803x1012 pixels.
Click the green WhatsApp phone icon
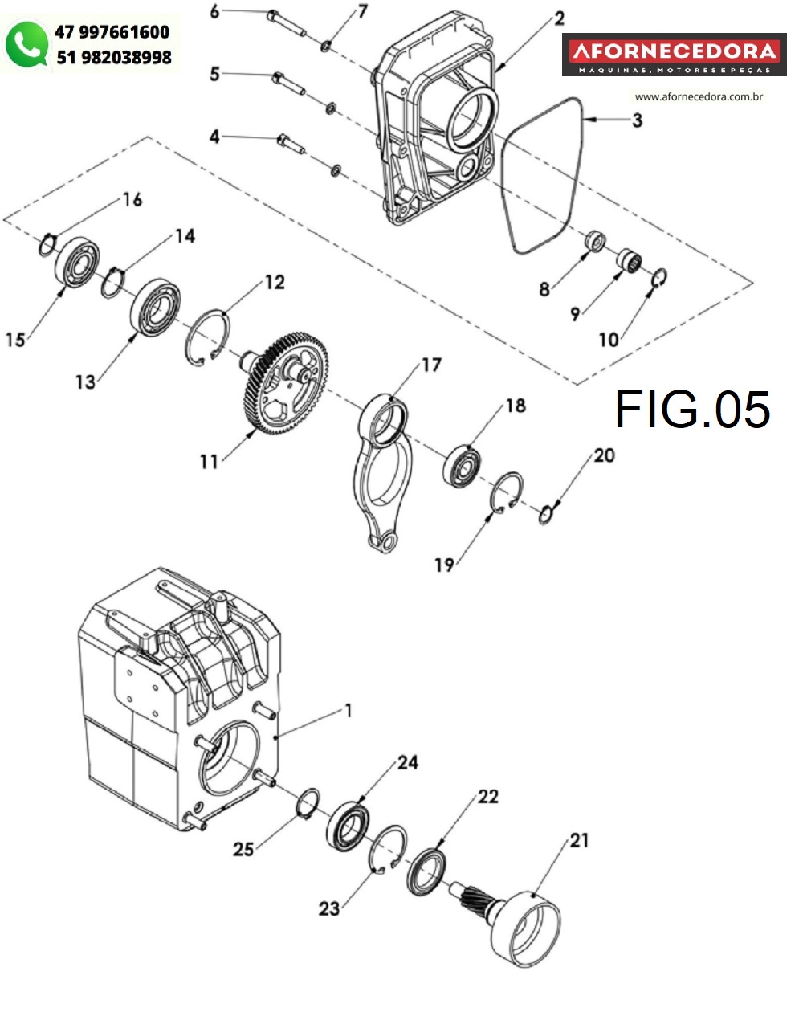(26, 44)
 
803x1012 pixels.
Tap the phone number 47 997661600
(112, 32)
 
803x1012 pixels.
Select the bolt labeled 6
(287, 23)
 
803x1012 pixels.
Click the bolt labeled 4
(291, 144)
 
